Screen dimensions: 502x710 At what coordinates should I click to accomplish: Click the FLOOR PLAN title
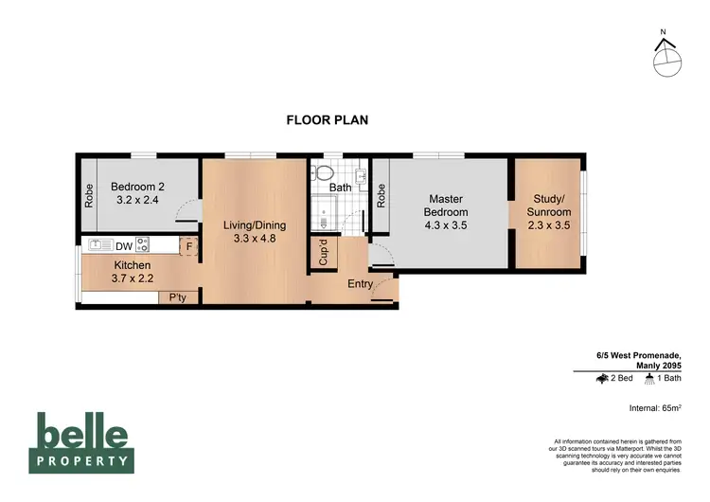[x=327, y=120]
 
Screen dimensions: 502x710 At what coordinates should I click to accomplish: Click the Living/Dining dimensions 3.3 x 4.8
[x=254, y=240]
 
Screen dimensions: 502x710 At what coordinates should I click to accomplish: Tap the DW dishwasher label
[x=124, y=245]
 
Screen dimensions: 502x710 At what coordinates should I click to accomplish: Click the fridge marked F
[x=189, y=245]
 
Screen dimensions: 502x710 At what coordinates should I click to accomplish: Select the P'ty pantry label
[x=177, y=297]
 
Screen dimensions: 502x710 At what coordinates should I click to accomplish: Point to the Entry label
[x=360, y=284]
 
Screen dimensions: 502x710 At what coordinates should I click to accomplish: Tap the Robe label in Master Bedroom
[x=381, y=194]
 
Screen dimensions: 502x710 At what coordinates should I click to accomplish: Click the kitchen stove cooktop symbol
[x=143, y=244]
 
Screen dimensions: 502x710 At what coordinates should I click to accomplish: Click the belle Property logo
[x=82, y=442]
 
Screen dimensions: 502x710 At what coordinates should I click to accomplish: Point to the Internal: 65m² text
[x=655, y=408]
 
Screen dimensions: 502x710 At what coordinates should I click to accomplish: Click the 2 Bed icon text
[x=614, y=378]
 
